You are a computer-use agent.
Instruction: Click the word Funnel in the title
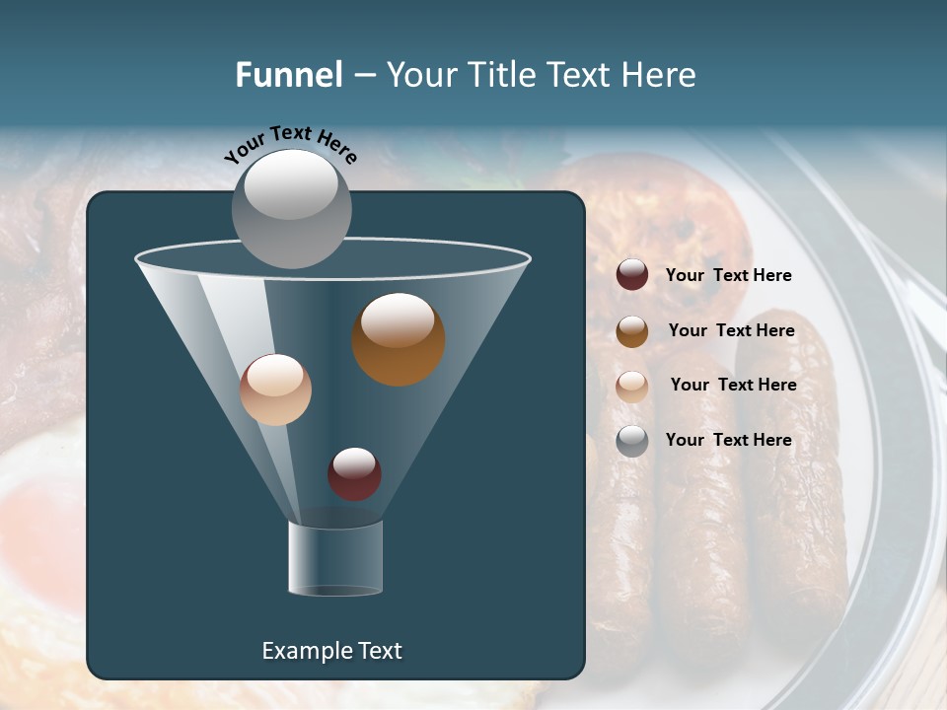[289, 75]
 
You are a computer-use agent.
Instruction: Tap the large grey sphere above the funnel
[292, 208]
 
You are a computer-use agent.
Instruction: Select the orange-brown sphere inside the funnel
[399, 339]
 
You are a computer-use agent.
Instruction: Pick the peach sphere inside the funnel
[275, 390]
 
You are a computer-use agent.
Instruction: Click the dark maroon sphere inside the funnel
[354, 473]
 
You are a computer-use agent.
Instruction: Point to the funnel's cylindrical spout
[335, 558]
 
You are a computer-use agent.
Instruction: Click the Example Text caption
[331, 651]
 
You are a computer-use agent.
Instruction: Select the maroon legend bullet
[632, 275]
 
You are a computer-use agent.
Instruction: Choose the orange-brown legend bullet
[632, 331]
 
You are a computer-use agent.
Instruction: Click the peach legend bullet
[632, 387]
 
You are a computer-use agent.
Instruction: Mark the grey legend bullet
[632, 441]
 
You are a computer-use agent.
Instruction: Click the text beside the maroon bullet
[729, 276]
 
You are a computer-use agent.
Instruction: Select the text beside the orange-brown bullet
[731, 330]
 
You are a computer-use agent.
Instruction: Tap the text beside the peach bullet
[733, 385]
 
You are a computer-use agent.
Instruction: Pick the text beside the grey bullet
[729, 440]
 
